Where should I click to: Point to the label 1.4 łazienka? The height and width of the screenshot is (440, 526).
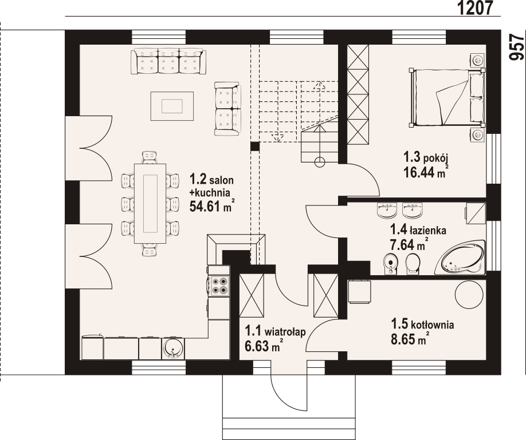pos(418,230)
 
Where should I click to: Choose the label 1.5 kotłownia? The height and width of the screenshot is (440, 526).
pos(422,324)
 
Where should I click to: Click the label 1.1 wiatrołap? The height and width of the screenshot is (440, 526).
pos(275,331)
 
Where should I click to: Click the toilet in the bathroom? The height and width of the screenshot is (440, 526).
pos(412,264)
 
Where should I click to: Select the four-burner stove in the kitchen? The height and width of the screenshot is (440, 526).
pos(218,285)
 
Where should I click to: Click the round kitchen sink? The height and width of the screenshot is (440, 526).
pos(173,348)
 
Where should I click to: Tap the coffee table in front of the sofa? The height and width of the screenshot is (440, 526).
pos(172,106)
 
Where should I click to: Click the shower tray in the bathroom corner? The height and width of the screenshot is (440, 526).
pos(475,213)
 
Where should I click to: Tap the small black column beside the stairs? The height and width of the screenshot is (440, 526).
pos(255,146)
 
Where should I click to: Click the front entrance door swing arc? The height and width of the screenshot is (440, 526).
pos(286,395)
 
